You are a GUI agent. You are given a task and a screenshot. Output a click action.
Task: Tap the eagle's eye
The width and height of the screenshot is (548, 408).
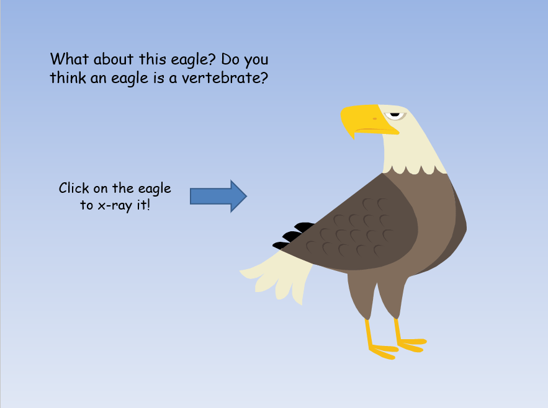point(395,115)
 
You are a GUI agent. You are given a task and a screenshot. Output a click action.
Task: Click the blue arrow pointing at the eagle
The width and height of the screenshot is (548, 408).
point(218,197)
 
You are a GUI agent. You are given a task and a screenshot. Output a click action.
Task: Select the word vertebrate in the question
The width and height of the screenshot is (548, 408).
point(221,78)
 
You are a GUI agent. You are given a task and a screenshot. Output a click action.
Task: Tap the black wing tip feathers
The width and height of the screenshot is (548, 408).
point(293,236)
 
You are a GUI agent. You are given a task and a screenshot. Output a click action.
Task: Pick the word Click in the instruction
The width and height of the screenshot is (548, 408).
point(74,188)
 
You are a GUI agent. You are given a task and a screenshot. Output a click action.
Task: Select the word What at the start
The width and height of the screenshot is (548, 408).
point(70,59)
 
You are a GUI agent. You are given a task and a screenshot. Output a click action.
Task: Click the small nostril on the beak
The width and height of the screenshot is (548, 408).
point(375,119)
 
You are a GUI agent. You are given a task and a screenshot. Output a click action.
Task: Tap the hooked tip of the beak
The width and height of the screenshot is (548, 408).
point(353,137)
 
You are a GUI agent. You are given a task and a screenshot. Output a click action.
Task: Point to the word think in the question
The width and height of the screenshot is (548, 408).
point(68,78)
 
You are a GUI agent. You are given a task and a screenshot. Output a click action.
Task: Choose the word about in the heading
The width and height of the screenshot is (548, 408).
point(114,59)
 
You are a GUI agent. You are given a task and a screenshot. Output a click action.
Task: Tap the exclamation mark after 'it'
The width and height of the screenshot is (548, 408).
point(148,205)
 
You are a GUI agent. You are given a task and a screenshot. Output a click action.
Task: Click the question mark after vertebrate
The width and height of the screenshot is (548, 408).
point(264,78)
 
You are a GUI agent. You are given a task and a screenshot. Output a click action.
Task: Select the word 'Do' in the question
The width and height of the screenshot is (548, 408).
point(230,60)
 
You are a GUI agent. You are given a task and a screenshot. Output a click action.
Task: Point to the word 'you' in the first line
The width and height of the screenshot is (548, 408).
point(256,61)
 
